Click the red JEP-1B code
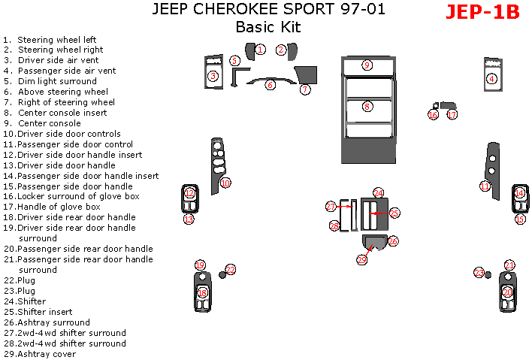point(482,12)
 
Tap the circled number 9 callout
point(367,65)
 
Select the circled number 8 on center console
point(367,107)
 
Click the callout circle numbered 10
point(225,183)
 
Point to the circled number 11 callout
point(485,186)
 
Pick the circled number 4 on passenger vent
point(491,78)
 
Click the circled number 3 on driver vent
point(213,76)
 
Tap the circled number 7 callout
point(305,89)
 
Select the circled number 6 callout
point(270,85)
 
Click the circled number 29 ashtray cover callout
point(361,259)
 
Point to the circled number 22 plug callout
point(231,269)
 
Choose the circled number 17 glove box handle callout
point(452,115)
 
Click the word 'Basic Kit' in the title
point(268,28)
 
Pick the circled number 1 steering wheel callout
point(260,50)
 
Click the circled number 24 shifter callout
point(379,193)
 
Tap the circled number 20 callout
point(507,292)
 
